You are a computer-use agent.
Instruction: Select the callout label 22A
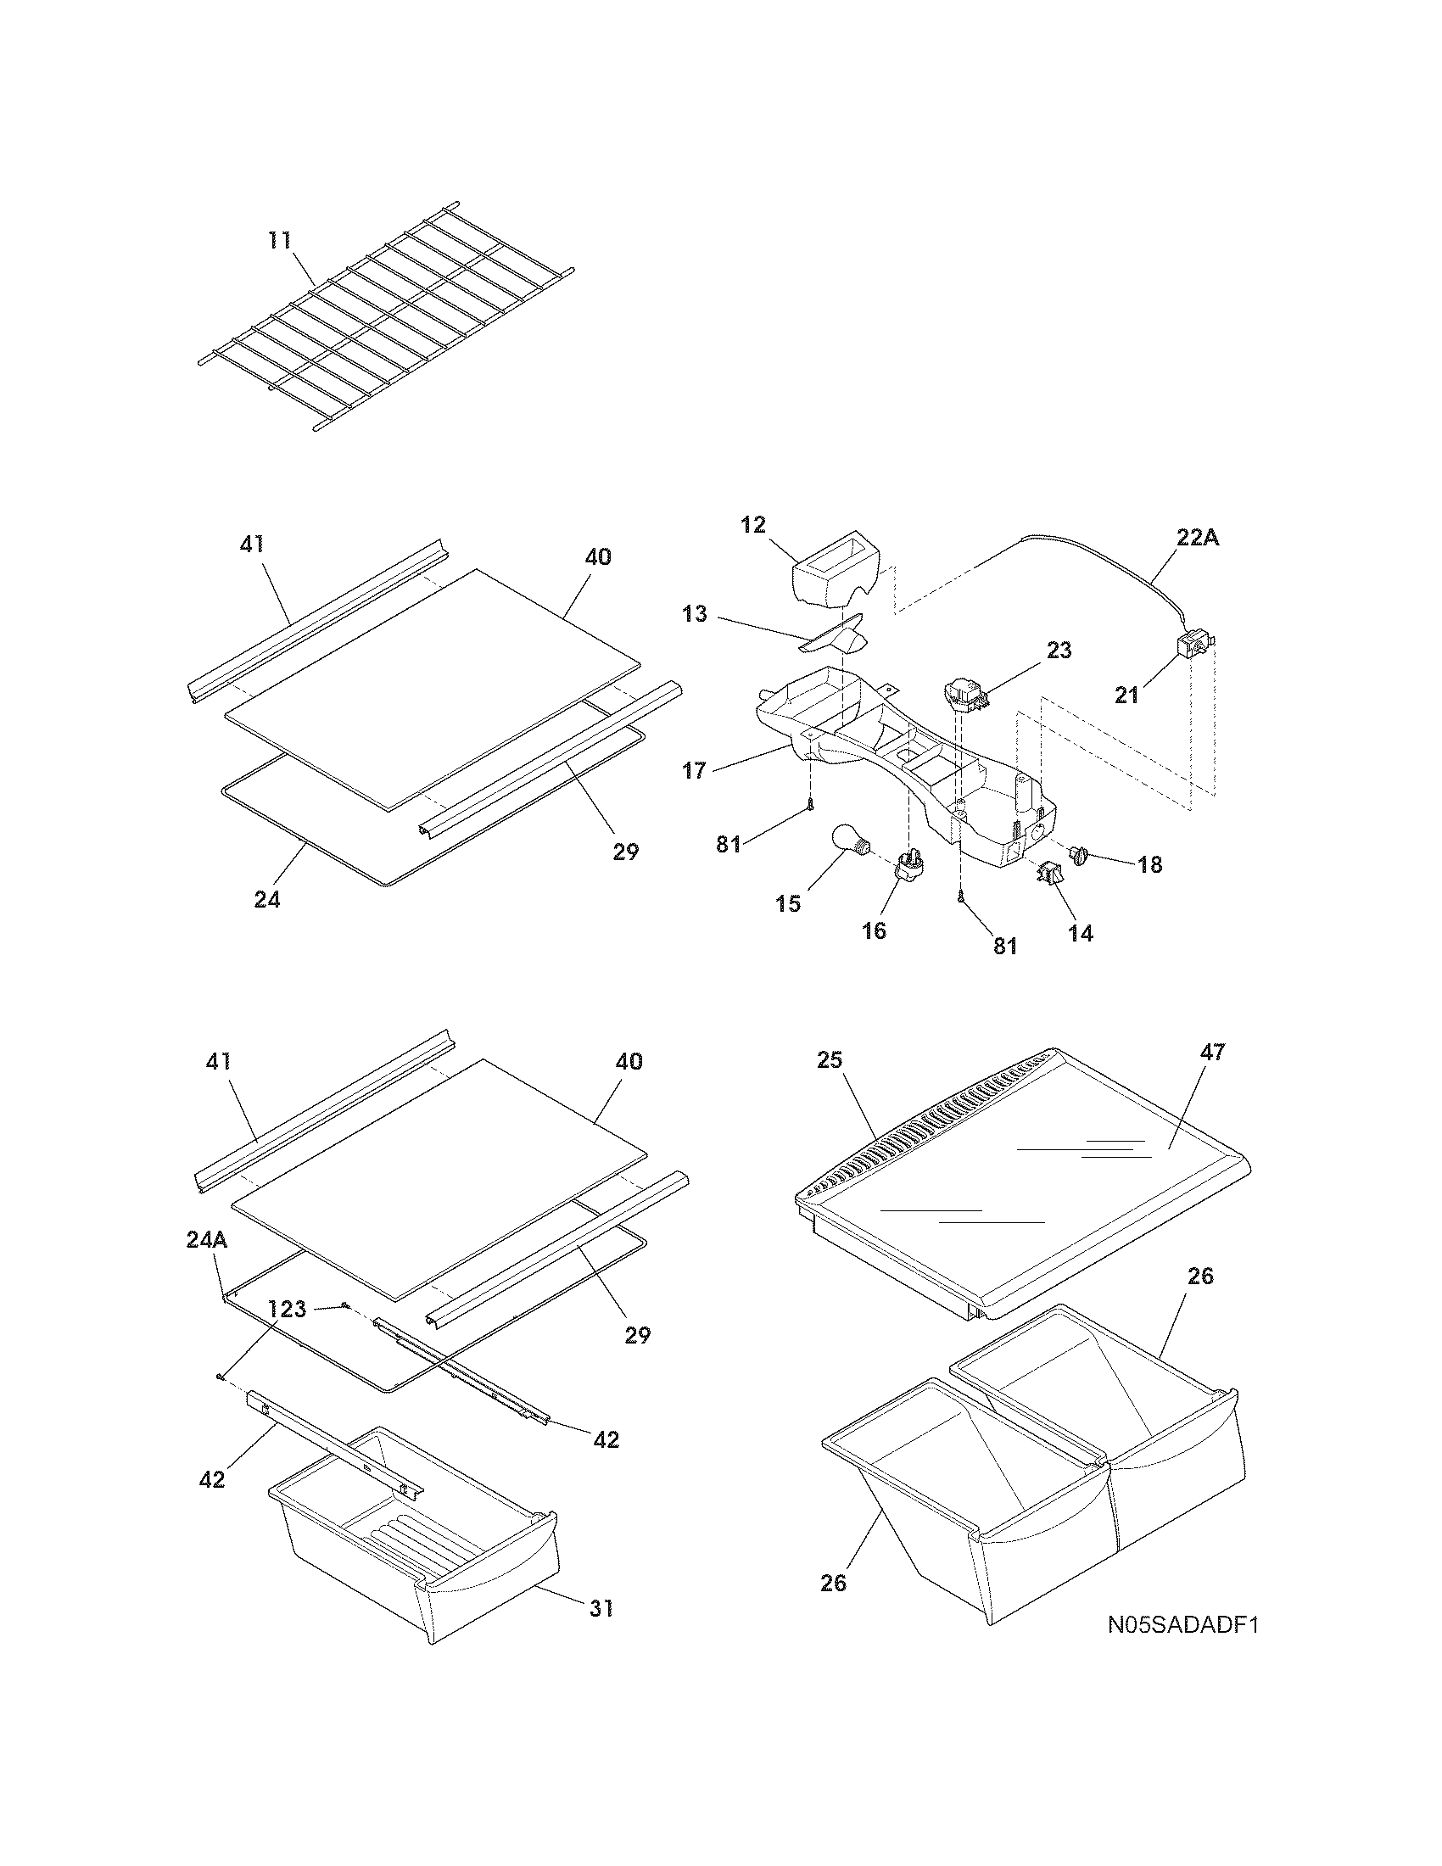[x=1196, y=539]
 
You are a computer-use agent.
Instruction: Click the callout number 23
[x=1059, y=651]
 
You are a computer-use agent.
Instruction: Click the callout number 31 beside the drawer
[x=601, y=1608]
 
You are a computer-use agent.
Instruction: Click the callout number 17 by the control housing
[x=695, y=771]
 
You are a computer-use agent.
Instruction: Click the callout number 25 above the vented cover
[x=830, y=1060]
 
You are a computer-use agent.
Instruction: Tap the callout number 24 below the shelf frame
[x=267, y=899]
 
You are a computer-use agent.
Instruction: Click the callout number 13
[x=696, y=613]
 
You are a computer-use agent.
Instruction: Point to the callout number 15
[x=789, y=903]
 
